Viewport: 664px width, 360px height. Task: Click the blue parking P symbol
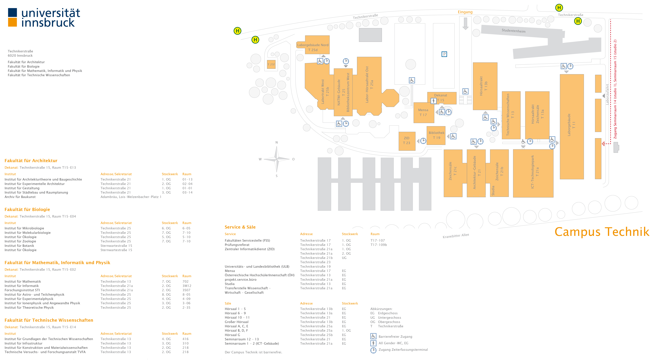(x=444, y=54)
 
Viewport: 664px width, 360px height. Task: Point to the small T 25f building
(x=271, y=64)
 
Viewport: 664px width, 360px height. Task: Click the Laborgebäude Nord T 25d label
(x=313, y=47)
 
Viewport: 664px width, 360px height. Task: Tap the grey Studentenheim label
(x=513, y=31)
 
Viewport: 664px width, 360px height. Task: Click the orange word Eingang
(x=465, y=12)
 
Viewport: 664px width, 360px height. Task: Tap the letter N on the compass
(x=277, y=142)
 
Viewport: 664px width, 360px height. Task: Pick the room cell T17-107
(x=378, y=240)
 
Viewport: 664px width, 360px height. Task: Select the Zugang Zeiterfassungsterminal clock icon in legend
(x=373, y=350)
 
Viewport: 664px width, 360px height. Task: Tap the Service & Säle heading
(x=240, y=227)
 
